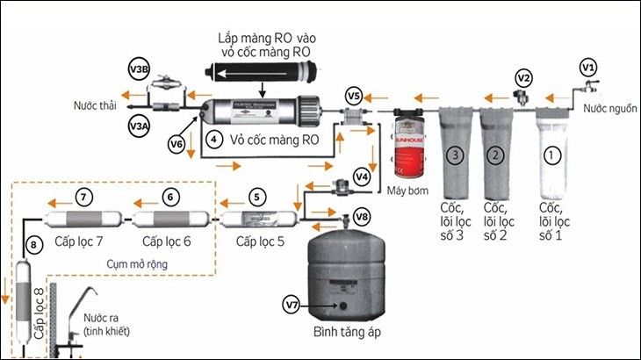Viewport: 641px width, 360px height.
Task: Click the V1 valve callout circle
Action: [589, 67]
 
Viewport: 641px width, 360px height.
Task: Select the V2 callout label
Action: [524, 77]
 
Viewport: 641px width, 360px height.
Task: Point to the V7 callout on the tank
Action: [293, 304]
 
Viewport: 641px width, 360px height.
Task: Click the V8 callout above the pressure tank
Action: [362, 215]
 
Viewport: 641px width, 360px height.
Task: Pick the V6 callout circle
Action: [176, 144]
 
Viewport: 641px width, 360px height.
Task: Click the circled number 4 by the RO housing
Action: [212, 139]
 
